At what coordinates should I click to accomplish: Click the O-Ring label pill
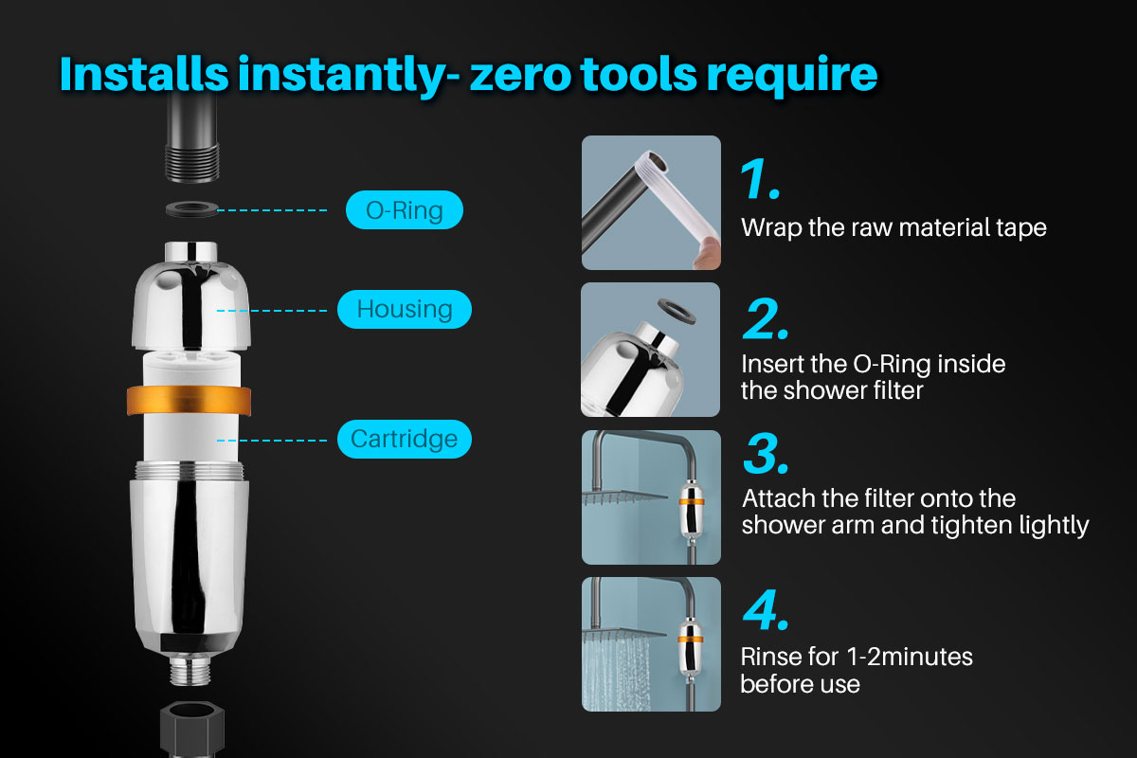click(404, 209)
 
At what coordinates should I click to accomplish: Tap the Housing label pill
click(404, 309)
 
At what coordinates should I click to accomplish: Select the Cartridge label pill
click(404, 439)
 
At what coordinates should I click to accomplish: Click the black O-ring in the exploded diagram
click(191, 208)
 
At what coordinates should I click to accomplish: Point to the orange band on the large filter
click(189, 401)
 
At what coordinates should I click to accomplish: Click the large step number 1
click(759, 179)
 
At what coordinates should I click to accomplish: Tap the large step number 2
click(766, 319)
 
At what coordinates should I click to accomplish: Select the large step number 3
click(766, 453)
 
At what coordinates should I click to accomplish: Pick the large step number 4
click(766, 609)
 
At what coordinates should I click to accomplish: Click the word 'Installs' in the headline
click(144, 74)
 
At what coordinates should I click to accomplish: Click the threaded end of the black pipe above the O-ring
click(192, 163)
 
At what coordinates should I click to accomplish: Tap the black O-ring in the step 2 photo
click(677, 311)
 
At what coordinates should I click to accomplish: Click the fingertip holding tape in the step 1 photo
click(708, 253)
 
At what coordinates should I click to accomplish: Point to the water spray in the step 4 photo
click(616, 675)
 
